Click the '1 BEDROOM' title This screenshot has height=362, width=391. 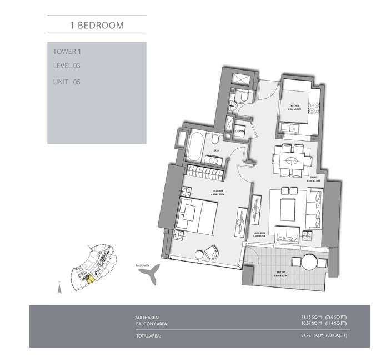point(97,25)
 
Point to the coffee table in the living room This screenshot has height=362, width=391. point(289,212)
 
